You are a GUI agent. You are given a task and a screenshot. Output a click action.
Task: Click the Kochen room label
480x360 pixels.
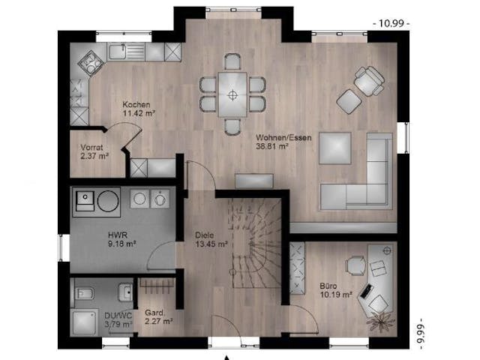138,105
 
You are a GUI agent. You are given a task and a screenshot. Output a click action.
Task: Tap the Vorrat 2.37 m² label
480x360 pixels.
94,152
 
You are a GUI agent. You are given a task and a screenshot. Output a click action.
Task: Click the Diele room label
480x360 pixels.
205,238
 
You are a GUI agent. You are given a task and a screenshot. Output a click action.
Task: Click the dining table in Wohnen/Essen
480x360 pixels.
233,94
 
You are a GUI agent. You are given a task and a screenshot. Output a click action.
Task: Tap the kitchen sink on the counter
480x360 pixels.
119,51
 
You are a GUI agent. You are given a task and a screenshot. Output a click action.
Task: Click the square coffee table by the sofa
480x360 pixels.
335,148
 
